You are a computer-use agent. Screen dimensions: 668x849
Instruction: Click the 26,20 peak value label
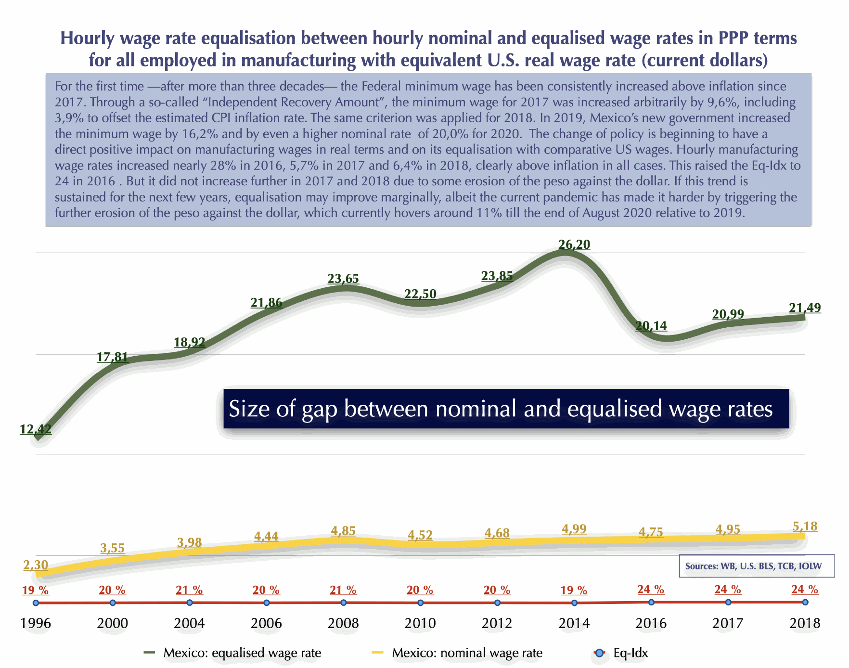574,244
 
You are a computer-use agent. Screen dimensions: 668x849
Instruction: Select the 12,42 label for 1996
36,429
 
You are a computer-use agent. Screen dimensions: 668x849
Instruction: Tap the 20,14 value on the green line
651,326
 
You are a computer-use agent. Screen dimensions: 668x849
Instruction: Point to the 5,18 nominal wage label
805,526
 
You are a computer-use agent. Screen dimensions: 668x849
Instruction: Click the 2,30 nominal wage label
36,565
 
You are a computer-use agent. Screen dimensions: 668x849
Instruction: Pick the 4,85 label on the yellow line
343,531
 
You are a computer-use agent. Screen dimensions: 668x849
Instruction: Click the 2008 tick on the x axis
343,623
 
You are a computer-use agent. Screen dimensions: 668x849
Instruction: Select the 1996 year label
36,623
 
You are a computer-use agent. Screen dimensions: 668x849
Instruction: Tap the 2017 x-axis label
728,623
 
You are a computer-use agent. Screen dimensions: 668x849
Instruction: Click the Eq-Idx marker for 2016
651,602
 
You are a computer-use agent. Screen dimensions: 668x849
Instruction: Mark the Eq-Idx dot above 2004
190,603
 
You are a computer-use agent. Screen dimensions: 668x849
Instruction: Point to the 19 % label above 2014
574,590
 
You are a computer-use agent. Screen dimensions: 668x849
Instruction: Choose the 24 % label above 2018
805,589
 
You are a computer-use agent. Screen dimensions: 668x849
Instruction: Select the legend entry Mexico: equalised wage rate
233,653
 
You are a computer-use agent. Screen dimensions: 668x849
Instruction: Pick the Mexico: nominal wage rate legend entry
457,653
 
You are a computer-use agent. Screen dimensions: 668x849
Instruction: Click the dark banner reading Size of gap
505,409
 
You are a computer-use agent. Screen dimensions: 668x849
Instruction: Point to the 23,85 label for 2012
497,276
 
